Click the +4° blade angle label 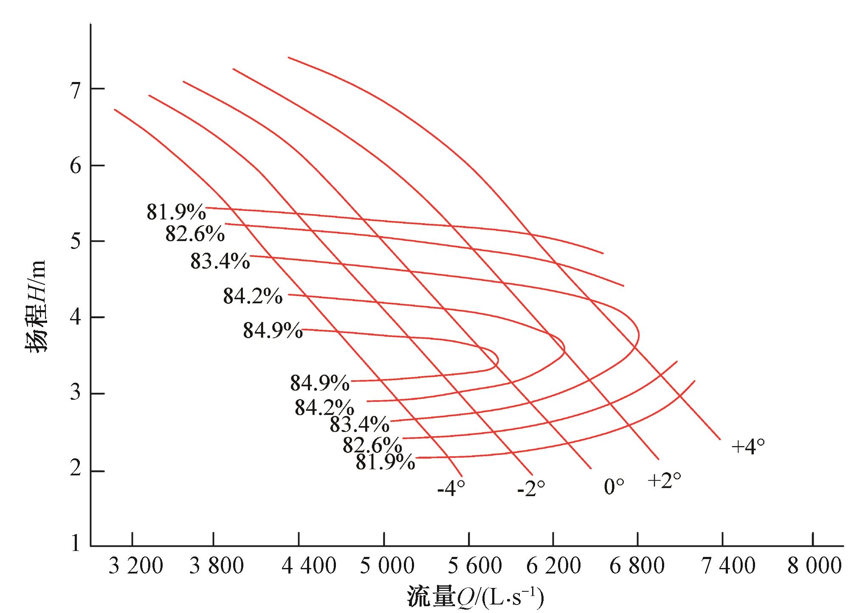tap(748, 446)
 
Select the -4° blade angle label tap(451, 489)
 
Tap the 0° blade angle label tap(614, 487)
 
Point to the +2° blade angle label tap(664, 480)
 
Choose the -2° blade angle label tap(531, 489)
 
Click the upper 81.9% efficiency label tap(176, 212)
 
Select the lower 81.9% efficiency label tap(385, 462)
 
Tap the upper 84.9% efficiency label tap(273, 331)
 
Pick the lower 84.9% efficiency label tap(320, 383)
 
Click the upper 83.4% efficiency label tap(220, 261)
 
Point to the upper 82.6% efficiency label tap(195, 234)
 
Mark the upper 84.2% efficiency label tap(253, 296)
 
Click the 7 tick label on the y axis tap(76, 90)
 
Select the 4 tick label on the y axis tap(76, 318)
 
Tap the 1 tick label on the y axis tap(76, 544)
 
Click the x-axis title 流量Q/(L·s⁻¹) tap(475, 597)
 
